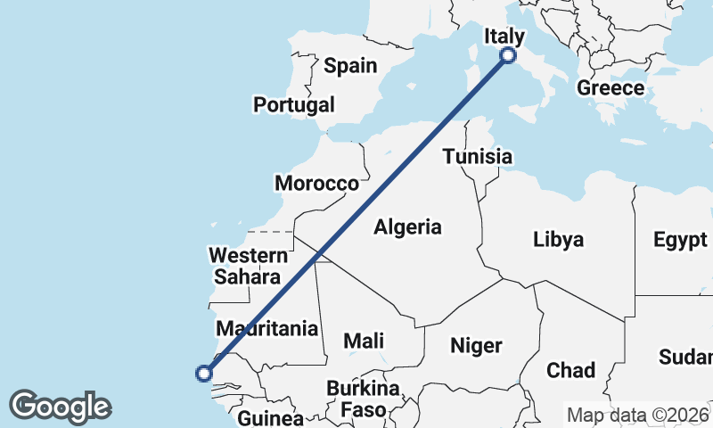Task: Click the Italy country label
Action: click(x=504, y=36)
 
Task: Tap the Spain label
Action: click(x=350, y=65)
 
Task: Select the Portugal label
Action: click(x=294, y=104)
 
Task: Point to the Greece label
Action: click(x=611, y=87)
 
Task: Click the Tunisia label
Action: click(x=478, y=157)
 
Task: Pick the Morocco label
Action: click(x=316, y=184)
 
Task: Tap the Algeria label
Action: click(x=407, y=226)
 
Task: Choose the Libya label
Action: click(x=559, y=239)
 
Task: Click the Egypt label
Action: click(x=680, y=239)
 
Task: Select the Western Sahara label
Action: click(x=249, y=266)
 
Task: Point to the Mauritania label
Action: click(x=267, y=328)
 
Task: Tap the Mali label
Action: click(x=364, y=340)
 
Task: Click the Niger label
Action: click(x=476, y=345)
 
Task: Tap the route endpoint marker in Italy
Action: click(x=508, y=55)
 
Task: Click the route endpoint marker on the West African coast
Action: click(x=204, y=374)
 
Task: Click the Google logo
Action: click(x=60, y=406)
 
